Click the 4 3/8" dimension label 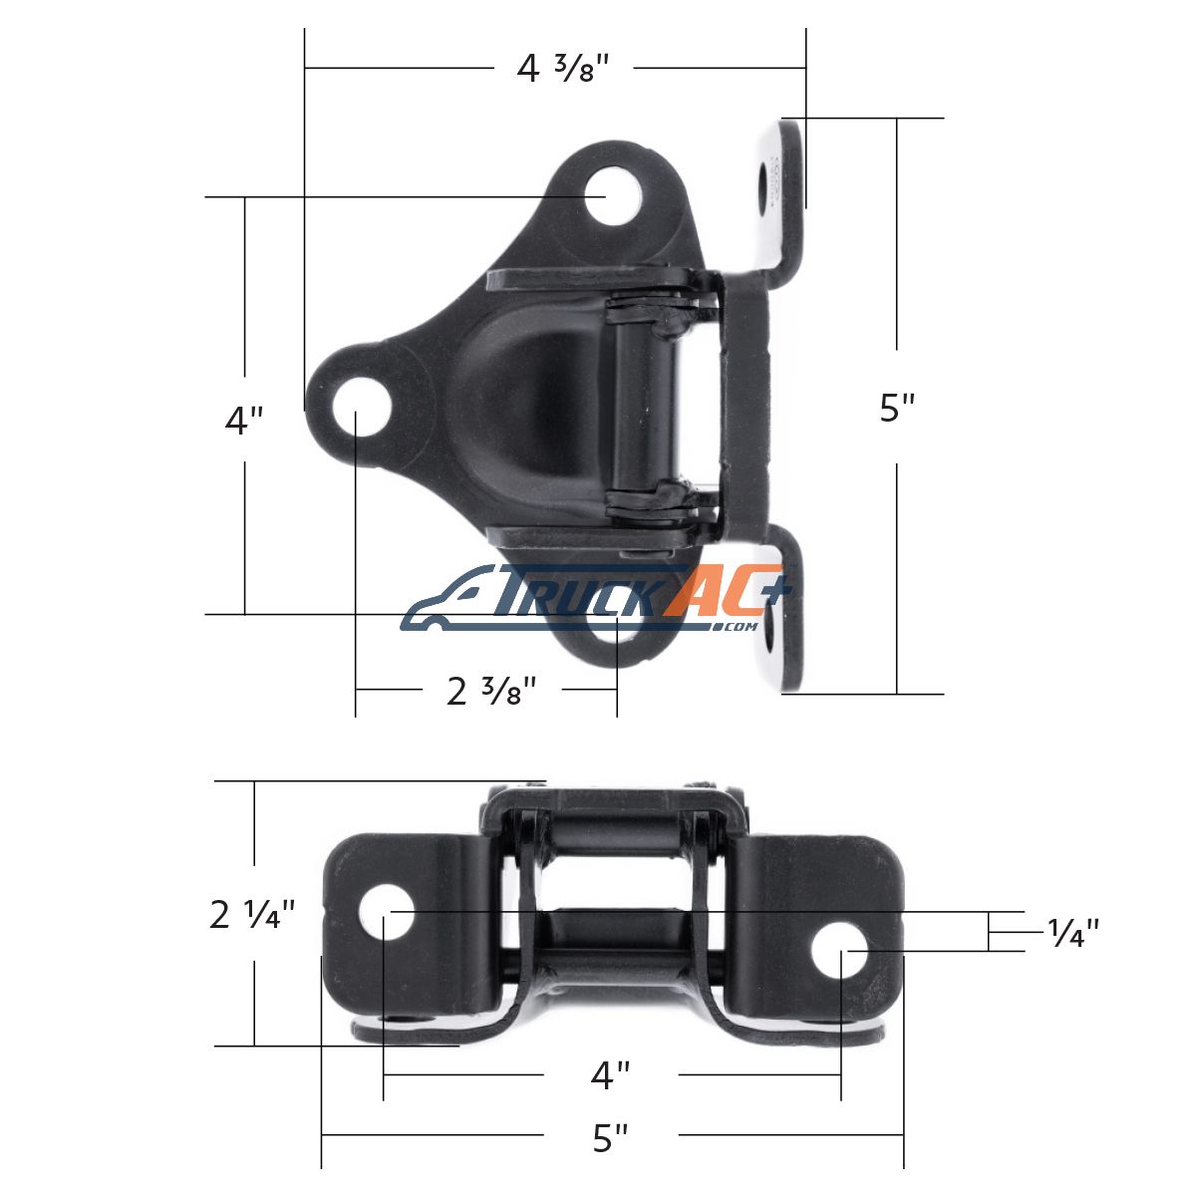point(563,69)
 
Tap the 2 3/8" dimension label point(491,691)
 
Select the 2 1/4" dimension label point(252,915)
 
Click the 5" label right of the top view point(897,408)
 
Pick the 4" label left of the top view point(244,421)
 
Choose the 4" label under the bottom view point(611,1075)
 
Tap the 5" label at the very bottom point(611,1138)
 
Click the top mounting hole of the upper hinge point(613,195)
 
